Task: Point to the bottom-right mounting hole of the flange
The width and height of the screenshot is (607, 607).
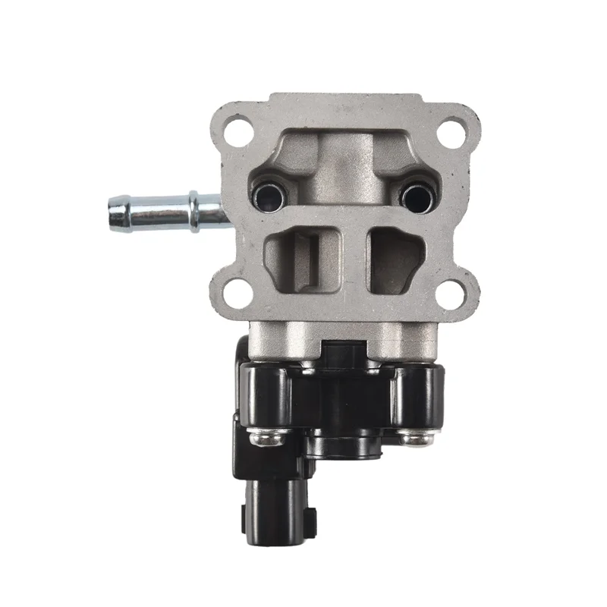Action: pyautogui.click(x=452, y=288)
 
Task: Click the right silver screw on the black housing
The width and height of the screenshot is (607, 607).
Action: pyautogui.click(x=415, y=439)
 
